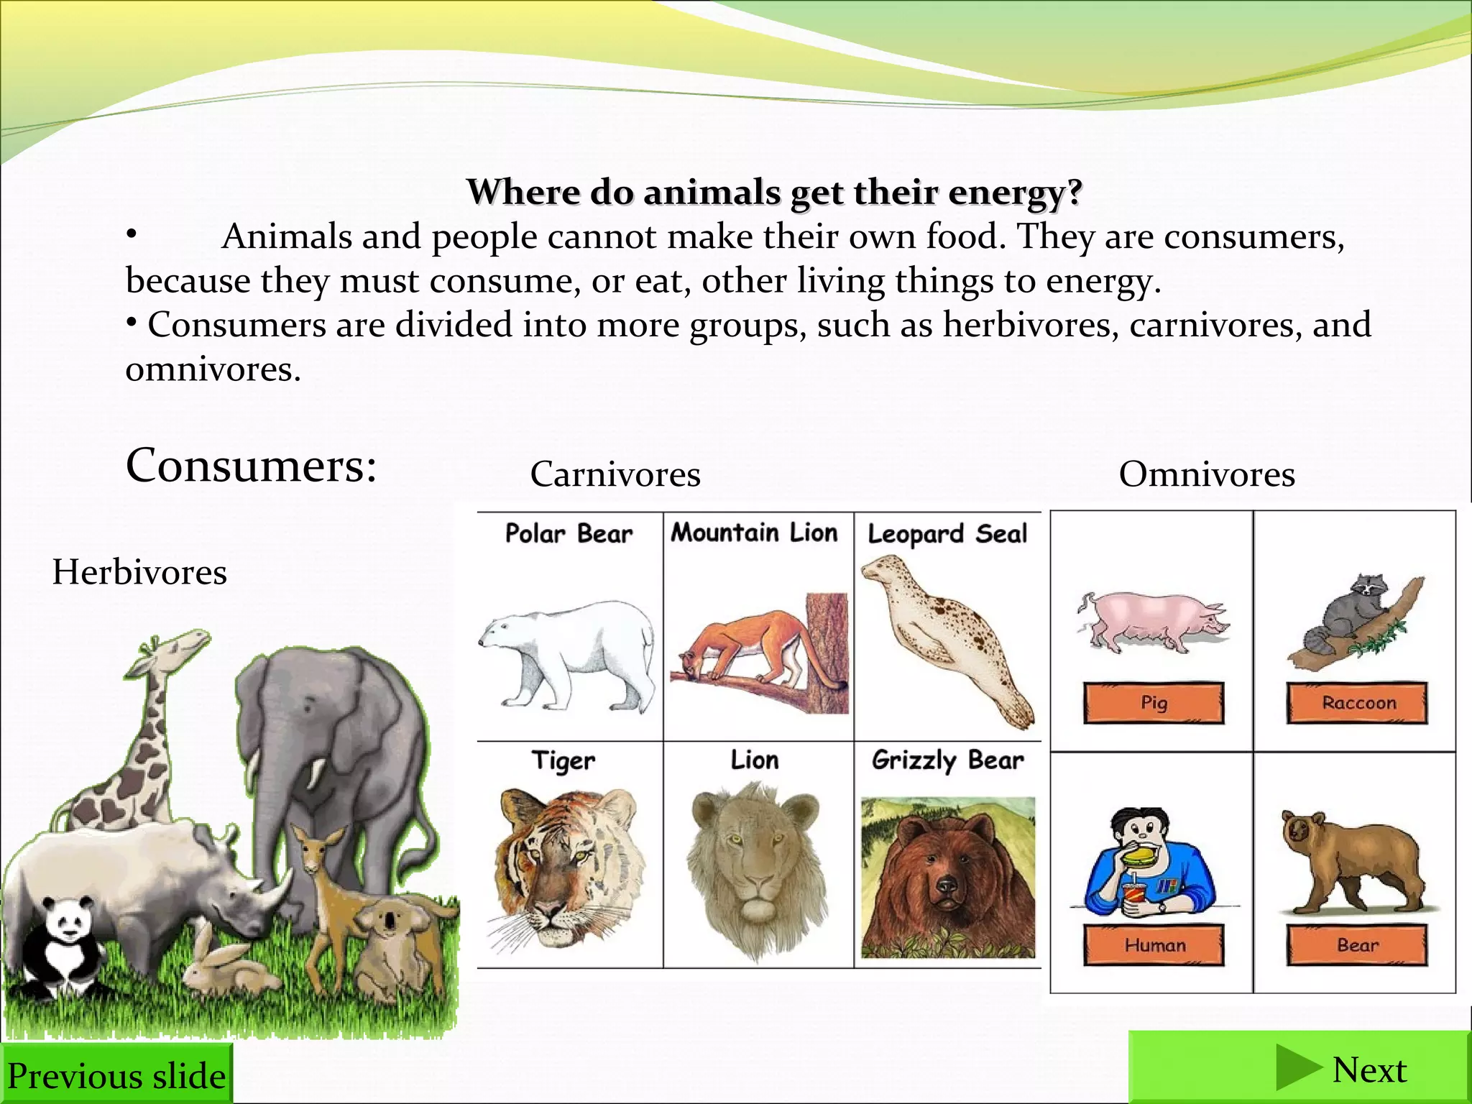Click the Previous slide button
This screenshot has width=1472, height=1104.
(116, 1075)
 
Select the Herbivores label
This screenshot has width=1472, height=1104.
(139, 572)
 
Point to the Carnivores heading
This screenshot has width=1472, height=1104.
(615, 474)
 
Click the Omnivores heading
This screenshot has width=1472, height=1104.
(1207, 474)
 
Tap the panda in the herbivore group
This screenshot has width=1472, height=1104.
(63, 942)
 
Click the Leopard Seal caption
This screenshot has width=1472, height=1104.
(947, 534)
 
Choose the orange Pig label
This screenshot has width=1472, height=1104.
(1154, 702)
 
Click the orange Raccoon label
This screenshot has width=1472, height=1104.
(1357, 702)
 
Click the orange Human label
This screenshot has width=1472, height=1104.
(1154, 944)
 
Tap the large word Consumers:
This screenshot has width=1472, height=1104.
(252, 466)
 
